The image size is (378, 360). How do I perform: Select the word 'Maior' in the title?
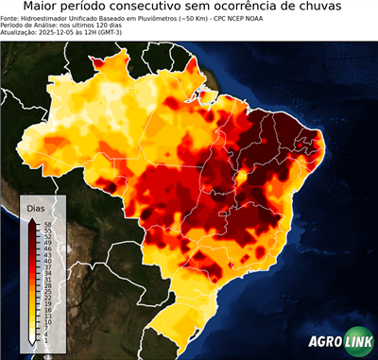[43, 8]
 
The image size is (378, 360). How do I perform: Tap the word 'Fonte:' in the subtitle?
[10, 19]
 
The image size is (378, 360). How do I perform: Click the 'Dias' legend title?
[37, 208]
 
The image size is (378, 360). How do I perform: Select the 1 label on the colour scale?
[46, 340]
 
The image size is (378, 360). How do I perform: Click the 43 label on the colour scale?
[47, 253]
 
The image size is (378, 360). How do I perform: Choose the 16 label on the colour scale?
[47, 310]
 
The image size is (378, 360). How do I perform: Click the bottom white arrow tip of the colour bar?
[33, 343]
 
